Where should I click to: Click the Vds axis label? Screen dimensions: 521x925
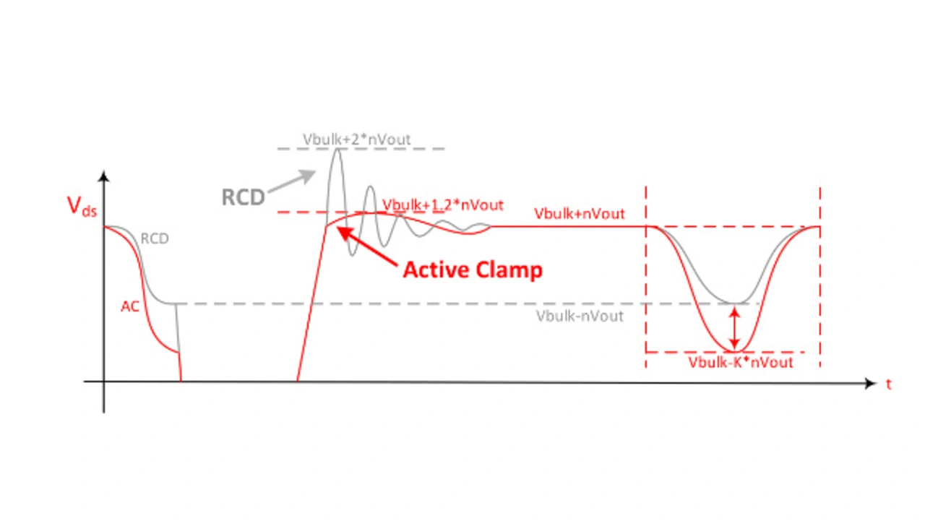pyautogui.click(x=80, y=207)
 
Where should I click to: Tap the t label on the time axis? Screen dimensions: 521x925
pyautogui.click(x=889, y=384)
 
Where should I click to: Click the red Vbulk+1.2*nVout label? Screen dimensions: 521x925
pyautogui.click(x=442, y=204)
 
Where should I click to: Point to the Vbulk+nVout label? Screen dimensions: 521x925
pyautogui.click(x=580, y=214)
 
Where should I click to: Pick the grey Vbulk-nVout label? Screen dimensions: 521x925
pyautogui.click(x=580, y=316)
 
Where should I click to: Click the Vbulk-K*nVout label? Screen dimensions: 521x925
pyautogui.click(x=741, y=362)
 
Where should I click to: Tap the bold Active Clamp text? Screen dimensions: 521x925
pyautogui.click(x=473, y=270)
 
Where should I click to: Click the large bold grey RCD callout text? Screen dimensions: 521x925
pyautogui.click(x=243, y=198)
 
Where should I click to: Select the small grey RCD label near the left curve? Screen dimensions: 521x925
pyautogui.click(x=155, y=238)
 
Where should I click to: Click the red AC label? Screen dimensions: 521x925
pyautogui.click(x=130, y=306)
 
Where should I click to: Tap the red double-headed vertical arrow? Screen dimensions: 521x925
pyautogui.click(x=734, y=328)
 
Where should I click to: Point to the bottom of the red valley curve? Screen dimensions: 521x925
pyautogui.click(x=734, y=351)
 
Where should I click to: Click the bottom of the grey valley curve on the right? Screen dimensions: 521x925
pyautogui.click(x=734, y=303)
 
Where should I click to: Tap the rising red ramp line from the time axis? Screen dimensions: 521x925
pyautogui.click(x=311, y=303)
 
